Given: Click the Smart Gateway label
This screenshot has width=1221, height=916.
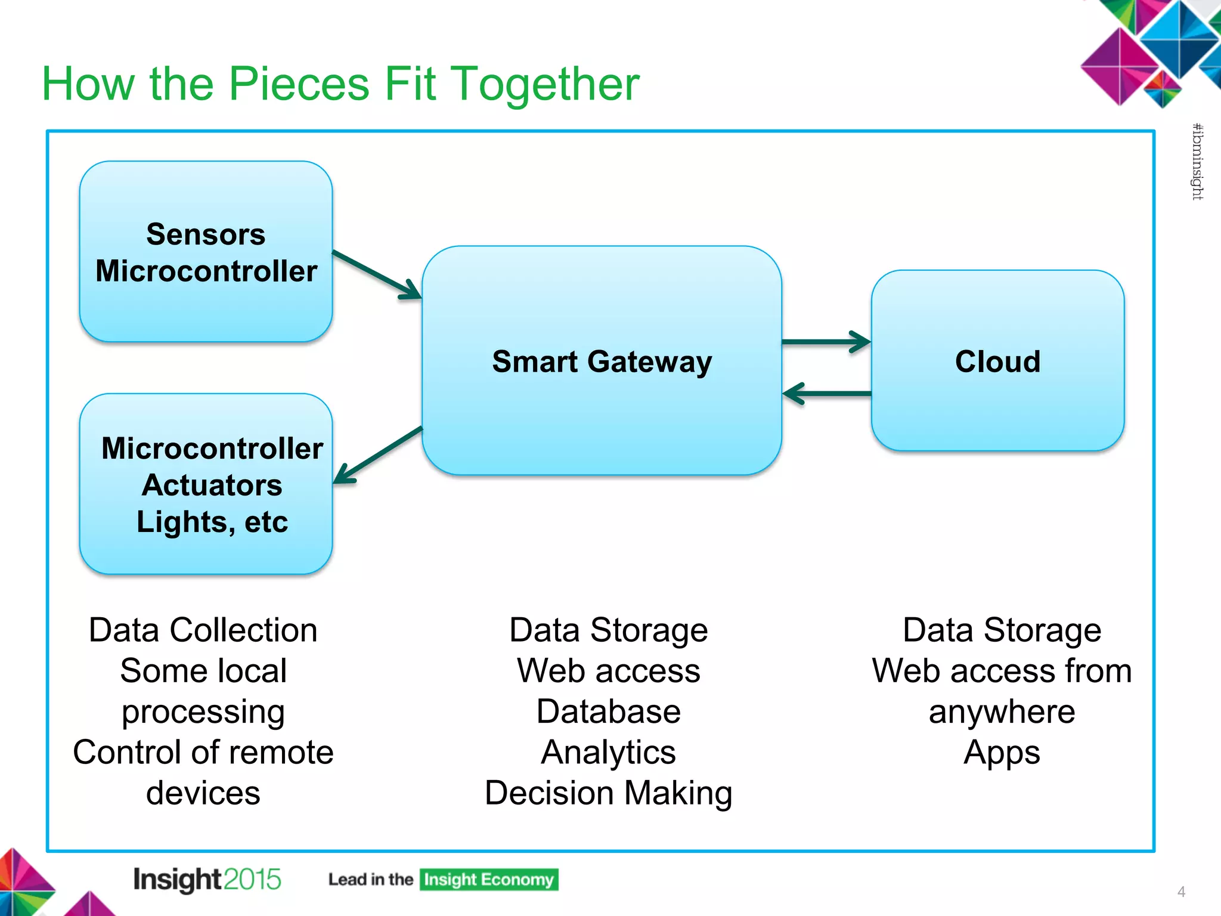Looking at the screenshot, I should tap(602, 362).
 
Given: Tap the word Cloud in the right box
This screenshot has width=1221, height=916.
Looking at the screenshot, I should tap(997, 362).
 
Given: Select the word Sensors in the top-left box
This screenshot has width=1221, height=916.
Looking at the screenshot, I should tap(206, 234).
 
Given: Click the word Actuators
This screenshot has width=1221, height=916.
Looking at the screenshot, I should tap(212, 485).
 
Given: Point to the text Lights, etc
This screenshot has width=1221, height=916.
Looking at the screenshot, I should tap(212, 522).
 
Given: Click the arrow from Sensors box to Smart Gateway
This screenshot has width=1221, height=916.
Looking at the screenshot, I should tap(377, 274).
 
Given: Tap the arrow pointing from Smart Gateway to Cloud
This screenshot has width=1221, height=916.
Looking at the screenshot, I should tap(826, 342).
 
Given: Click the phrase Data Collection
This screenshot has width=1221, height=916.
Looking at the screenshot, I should tap(203, 630).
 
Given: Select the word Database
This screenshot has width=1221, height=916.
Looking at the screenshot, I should tap(608, 711).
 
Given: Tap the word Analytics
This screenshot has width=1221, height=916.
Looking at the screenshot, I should tap(608, 753).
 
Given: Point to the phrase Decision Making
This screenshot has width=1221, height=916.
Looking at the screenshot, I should tap(608, 793).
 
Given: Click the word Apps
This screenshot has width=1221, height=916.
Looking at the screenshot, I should tap(1002, 753).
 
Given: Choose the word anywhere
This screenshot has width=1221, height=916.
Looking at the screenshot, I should tap(1002, 711).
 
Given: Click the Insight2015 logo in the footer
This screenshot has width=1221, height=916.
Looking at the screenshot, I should tap(207, 880).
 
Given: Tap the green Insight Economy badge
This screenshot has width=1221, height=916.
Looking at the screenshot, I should tap(488, 880).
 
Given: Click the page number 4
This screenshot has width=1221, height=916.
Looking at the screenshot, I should tap(1181, 892).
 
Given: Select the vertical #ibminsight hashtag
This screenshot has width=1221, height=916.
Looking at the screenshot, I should tap(1197, 162).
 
